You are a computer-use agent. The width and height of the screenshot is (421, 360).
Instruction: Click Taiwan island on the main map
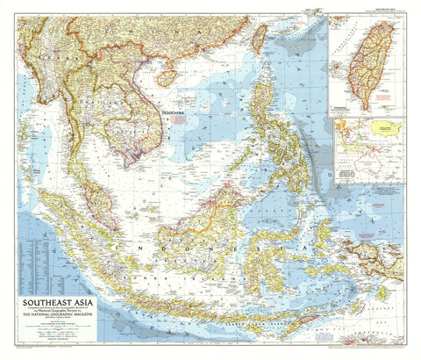click(260, 37)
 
